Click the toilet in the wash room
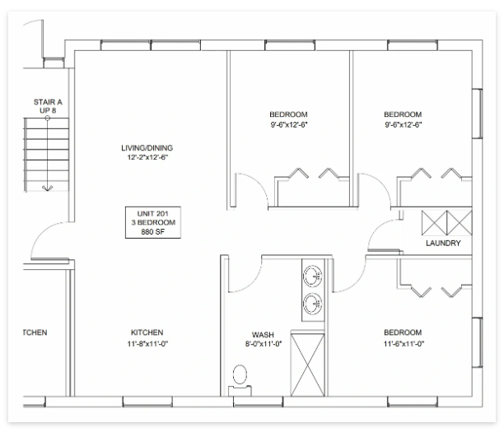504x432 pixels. coord(240,380)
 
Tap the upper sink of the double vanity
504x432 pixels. coord(312,276)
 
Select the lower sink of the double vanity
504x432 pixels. coord(312,303)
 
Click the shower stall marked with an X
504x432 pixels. coord(308,365)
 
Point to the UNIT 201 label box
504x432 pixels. coord(153,222)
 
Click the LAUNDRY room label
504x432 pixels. coord(443,243)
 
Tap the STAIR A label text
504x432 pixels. coord(48,102)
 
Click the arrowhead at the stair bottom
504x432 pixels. coord(48,188)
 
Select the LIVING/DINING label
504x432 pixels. coord(147,148)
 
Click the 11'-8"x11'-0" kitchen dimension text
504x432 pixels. coord(147,344)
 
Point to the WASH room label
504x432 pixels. coord(263,335)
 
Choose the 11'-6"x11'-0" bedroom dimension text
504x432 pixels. coord(404,344)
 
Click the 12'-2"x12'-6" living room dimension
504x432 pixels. coord(147,157)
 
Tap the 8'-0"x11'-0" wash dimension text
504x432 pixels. coord(264,344)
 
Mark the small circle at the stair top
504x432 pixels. coord(48,118)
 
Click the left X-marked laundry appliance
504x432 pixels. coord(434,223)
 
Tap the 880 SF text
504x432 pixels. coord(153,231)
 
